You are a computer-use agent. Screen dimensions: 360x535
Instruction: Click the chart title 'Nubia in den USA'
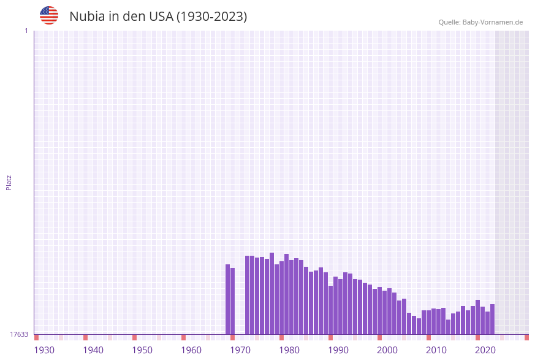click(x=158, y=17)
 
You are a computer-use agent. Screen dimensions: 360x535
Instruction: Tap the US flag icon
click(x=49, y=15)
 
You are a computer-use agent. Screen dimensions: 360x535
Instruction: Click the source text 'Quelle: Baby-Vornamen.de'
click(x=480, y=22)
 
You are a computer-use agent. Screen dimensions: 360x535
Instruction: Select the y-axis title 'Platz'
click(x=9, y=182)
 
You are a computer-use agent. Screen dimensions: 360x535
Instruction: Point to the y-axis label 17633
click(x=19, y=334)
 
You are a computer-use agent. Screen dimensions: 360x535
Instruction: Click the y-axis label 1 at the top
click(x=26, y=31)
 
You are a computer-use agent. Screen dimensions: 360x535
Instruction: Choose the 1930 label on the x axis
click(x=44, y=350)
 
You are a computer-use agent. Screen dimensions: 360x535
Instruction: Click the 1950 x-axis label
click(x=142, y=350)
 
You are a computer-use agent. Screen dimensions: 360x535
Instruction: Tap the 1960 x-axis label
click(x=191, y=350)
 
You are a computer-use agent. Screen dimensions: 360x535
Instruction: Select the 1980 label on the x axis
click(x=289, y=350)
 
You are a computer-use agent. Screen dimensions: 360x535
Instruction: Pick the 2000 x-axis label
click(x=387, y=350)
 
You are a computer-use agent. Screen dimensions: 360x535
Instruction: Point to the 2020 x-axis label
click(x=485, y=350)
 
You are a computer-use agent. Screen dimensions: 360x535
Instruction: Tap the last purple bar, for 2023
click(x=492, y=319)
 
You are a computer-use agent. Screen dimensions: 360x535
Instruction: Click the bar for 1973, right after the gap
click(x=247, y=295)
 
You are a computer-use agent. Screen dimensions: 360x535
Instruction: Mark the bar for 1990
click(x=330, y=310)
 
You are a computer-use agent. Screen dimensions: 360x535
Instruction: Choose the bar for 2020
click(x=477, y=317)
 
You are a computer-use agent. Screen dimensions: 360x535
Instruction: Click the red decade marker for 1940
click(x=85, y=337)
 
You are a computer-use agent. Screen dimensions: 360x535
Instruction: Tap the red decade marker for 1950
click(x=134, y=337)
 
